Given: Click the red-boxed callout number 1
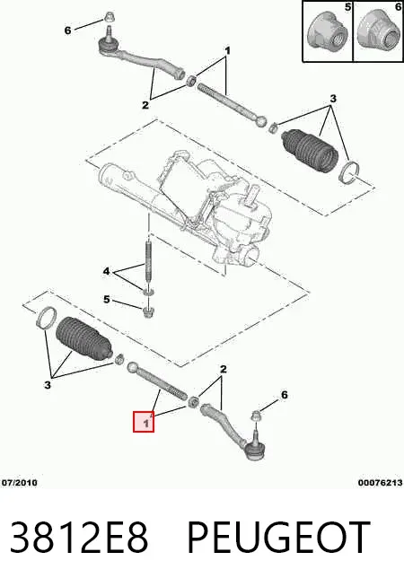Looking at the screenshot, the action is coord(146,424).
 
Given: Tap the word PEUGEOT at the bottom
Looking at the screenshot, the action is coord(278,538).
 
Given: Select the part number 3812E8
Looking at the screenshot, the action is coord(79,538).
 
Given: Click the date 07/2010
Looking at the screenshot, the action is coord(20,483).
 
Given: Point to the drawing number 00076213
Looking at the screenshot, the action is coord(380,483).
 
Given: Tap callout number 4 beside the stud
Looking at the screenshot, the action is coord(107,271).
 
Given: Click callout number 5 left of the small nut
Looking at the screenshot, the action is coord(107,300).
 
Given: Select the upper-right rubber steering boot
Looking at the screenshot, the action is coord(310,150).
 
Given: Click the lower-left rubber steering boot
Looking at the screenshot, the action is coord(83,338).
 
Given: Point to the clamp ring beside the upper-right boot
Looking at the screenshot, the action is coord(349,171).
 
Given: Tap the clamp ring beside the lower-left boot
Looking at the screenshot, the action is coord(46,318).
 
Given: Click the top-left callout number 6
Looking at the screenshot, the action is coord(67,31).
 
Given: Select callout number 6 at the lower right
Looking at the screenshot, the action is coord(285,395).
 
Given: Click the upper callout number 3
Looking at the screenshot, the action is coord(333,99).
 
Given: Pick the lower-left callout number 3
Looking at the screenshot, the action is coord(48,384).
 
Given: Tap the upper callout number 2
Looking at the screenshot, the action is coord(145,105).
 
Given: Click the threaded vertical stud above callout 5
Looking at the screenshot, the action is coord(148,265).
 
